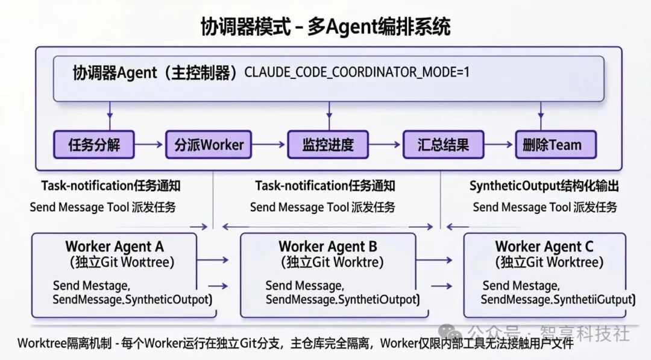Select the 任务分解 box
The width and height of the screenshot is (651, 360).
click(94, 145)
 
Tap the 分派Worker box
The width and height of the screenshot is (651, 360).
click(209, 145)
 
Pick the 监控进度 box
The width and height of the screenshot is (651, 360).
click(327, 145)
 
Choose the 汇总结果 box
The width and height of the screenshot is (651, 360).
click(443, 145)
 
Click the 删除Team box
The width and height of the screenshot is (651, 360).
click(556, 145)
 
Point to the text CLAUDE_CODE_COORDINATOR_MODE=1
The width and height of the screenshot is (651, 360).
click(357, 73)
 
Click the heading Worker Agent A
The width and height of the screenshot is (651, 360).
click(115, 247)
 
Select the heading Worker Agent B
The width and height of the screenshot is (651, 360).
click(328, 247)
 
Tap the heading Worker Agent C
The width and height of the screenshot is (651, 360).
click(544, 247)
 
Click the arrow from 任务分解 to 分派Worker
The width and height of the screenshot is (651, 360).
click(149, 145)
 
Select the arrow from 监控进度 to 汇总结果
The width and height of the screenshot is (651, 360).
click(386, 145)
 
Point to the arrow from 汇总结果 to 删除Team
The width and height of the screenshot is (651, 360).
click(500, 145)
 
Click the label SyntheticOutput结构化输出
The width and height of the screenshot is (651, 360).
click(544, 186)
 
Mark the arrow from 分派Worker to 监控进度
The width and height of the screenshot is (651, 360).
click(269, 145)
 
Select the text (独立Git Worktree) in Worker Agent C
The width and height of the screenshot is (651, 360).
click(549, 263)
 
